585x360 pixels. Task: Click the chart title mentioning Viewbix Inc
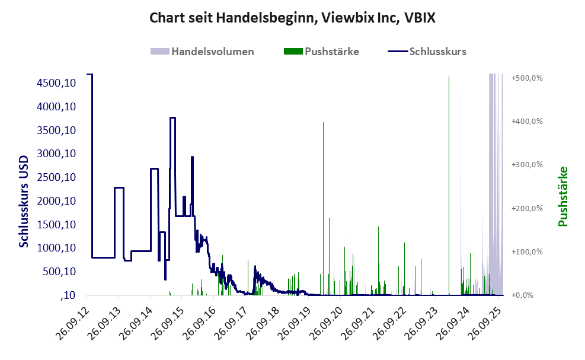[x=292, y=18]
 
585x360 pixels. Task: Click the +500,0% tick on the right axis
[x=527, y=78]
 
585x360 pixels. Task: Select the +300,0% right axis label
[x=527, y=165]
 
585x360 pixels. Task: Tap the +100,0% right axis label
[x=527, y=251]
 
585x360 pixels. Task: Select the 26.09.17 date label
[x=231, y=323]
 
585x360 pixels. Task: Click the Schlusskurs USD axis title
[x=24, y=202]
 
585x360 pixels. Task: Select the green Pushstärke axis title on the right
[x=562, y=196]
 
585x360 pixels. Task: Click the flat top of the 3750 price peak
[x=173, y=118]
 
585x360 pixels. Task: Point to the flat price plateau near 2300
[x=119, y=188]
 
